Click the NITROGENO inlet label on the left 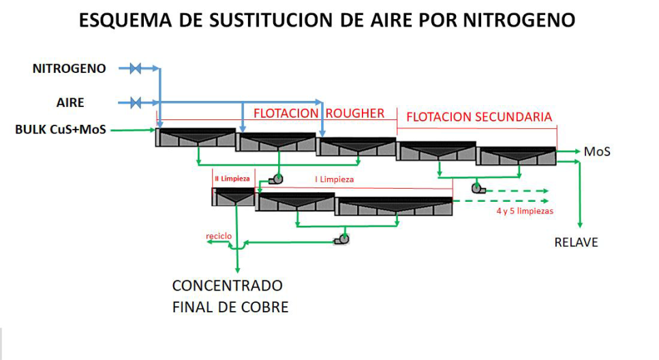pyautogui.click(x=70, y=68)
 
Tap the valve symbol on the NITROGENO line pyautogui.click(x=135, y=68)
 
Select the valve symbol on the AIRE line pyautogui.click(x=135, y=103)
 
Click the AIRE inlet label pyautogui.click(x=70, y=103)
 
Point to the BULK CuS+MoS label pyautogui.click(x=61, y=129)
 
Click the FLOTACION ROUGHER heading pyautogui.click(x=319, y=113)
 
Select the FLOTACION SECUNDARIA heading pyautogui.click(x=479, y=117)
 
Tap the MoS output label pyautogui.click(x=597, y=151)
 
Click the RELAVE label pyautogui.click(x=576, y=242)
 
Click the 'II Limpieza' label pyautogui.click(x=232, y=179)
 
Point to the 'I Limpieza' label pyautogui.click(x=334, y=179)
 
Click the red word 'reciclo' pyautogui.click(x=219, y=236)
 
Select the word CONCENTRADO pyautogui.click(x=227, y=285)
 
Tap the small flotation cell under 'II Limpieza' pyautogui.click(x=234, y=197)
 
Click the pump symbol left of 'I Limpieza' pyautogui.click(x=276, y=179)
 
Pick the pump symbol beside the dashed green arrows pyautogui.click(x=476, y=187)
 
